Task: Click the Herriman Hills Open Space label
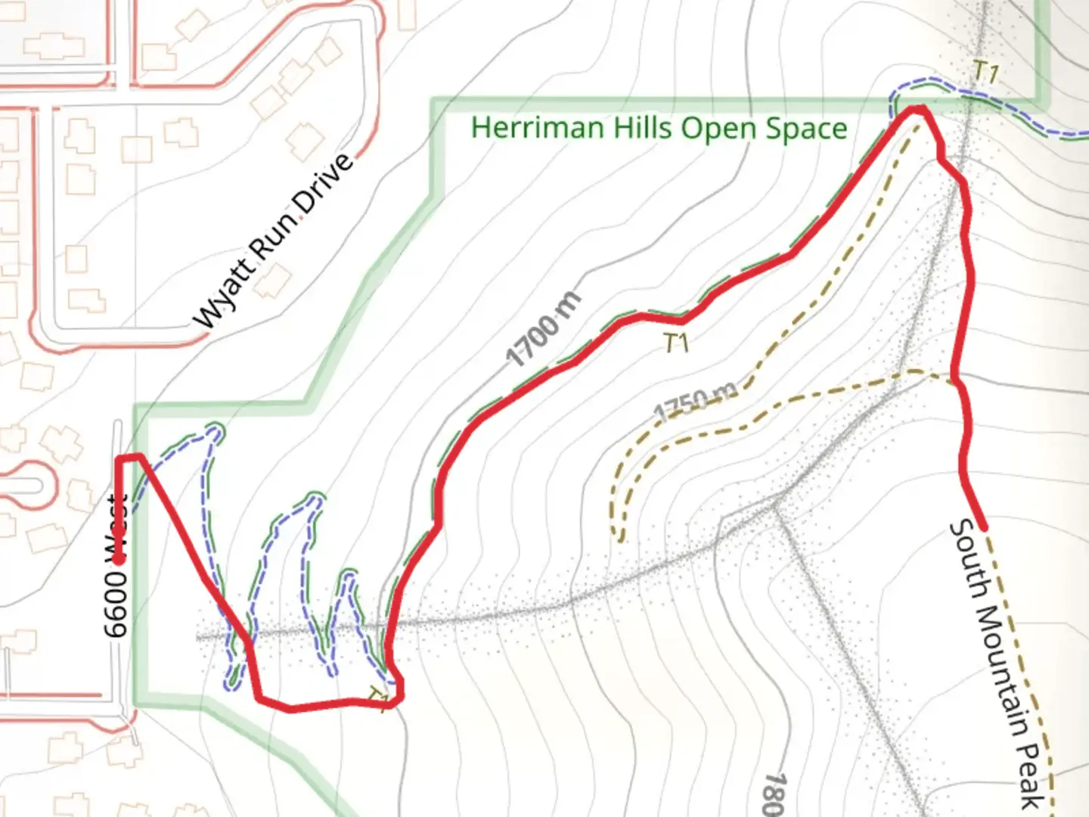point(659,128)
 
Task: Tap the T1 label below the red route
point(676,343)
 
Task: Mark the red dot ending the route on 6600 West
point(119,560)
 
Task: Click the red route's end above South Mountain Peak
point(983,527)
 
